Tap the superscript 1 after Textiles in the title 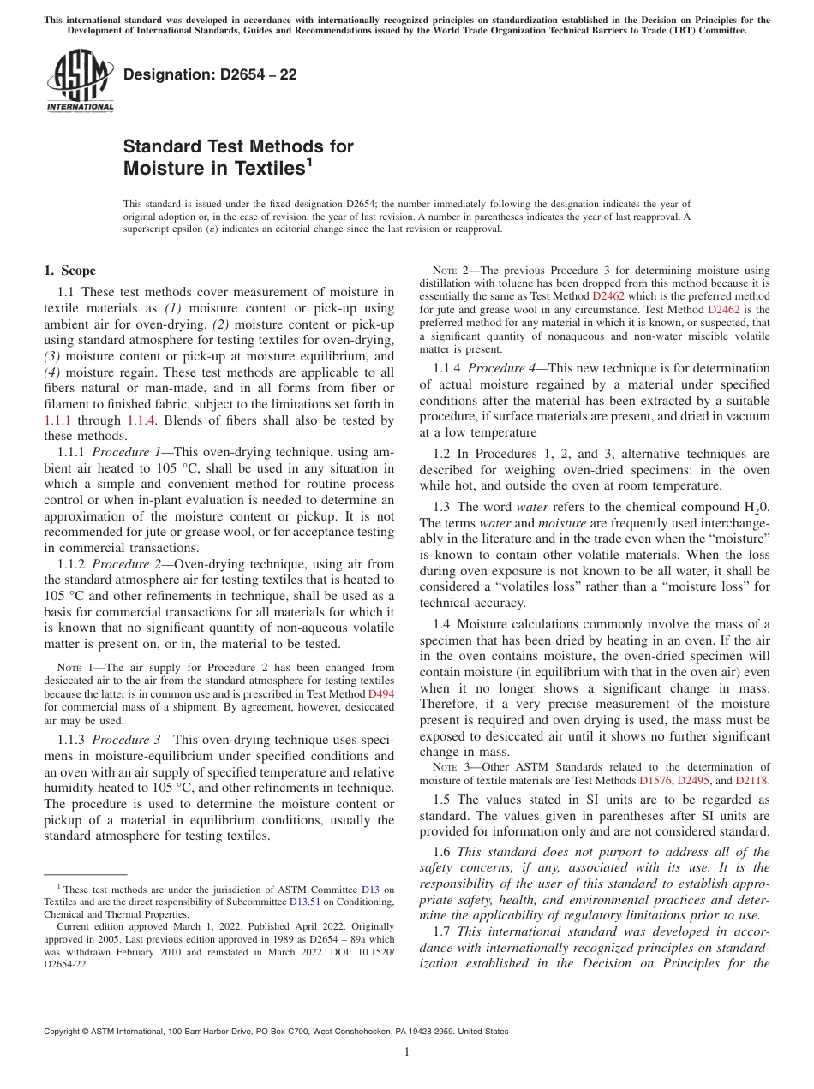[x=308, y=163]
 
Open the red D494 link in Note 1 [x=380, y=694]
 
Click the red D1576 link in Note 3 [x=655, y=781]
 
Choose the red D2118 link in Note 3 [x=751, y=781]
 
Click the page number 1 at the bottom [x=407, y=1052]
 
